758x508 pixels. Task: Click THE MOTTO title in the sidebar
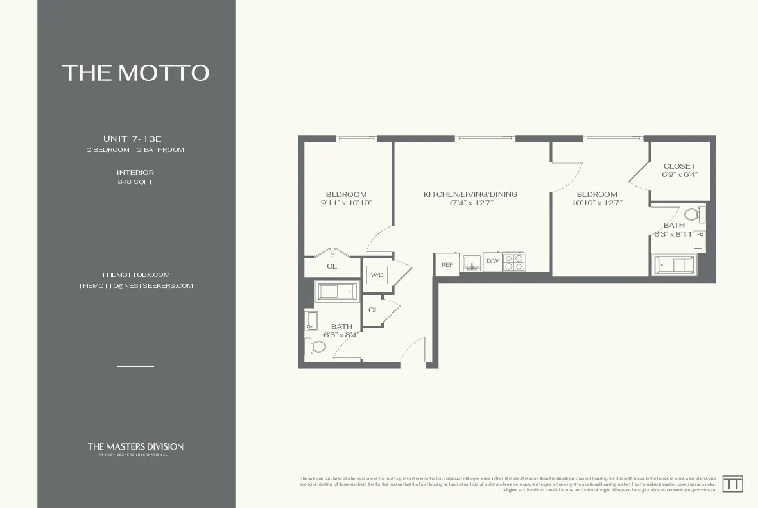tap(135, 72)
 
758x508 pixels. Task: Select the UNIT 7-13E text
tap(135, 139)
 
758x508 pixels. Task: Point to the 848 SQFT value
tap(135, 182)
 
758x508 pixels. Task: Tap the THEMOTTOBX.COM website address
tap(135, 275)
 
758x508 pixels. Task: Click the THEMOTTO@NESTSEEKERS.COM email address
tap(135, 286)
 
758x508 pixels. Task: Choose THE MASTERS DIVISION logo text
tap(135, 447)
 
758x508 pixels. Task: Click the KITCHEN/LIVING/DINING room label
tap(470, 194)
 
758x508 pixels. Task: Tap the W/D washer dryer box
tap(376, 275)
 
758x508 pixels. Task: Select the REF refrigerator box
tap(447, 264)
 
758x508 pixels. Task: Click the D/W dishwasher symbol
tap(492, 261)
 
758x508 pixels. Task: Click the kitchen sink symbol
tap(472, 262)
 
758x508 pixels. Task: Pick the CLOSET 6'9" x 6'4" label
tap(679, 170)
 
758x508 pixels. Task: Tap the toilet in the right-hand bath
tap(692, 214)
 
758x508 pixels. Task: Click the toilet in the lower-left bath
tap(317, 347)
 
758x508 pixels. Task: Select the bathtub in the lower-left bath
tap(337, 292)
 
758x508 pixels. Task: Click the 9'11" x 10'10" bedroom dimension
tap(346, 203)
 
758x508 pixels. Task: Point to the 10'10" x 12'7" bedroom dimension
tap(597, 203)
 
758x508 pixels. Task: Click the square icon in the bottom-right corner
tap(732, 484)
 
